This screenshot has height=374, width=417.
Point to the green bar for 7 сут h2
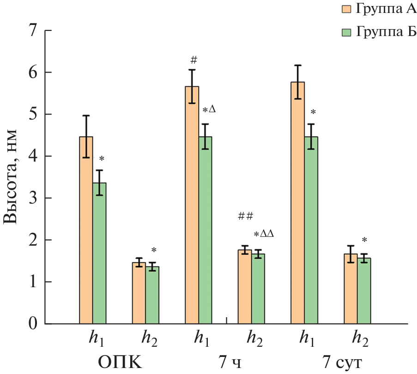coord(364,290)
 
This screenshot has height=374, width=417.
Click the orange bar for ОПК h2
coord(139,293)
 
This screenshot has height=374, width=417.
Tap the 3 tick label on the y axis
coord(33,198)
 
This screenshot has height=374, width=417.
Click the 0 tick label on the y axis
coord(33,324)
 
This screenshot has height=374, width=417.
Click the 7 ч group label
coord(230,362)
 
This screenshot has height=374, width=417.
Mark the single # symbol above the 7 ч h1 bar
coord(193,60)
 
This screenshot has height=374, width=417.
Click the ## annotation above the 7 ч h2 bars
coord(246,216)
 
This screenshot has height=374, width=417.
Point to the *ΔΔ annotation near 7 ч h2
coord(264,234)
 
